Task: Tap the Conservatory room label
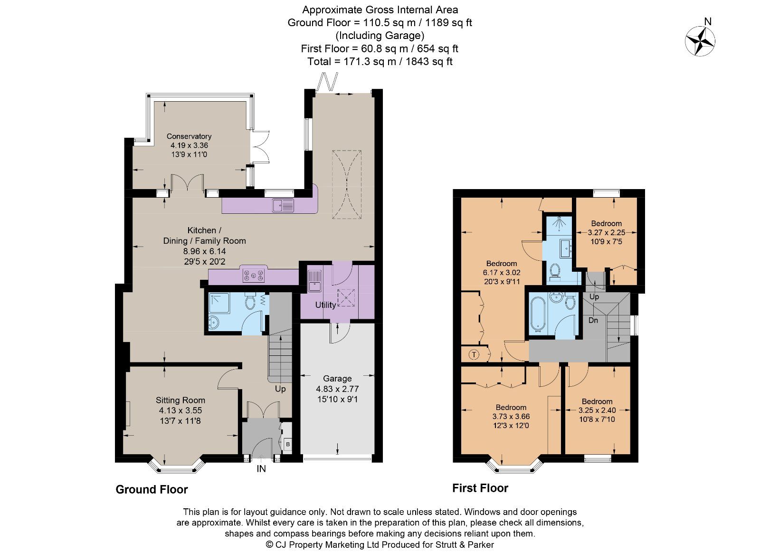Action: pos(189,136)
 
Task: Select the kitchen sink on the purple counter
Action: pos(283,205)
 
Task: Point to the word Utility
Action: pos(325,305)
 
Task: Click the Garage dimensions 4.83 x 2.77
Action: pos(337,389)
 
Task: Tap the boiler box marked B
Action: pos(287,445)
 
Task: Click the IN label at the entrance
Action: pos(261,469)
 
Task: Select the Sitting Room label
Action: pos(180,400)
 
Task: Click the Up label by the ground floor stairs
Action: pos(280,389)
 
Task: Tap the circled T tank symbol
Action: pos(474,354)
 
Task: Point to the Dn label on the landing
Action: pos(593,320)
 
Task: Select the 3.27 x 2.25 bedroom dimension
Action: pos(606,233)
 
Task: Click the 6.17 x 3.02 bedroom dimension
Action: pos(502,273)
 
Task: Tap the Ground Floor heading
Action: pos(152,489)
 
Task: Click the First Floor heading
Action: pos(480,488)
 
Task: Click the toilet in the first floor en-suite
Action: pos(554,271)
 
